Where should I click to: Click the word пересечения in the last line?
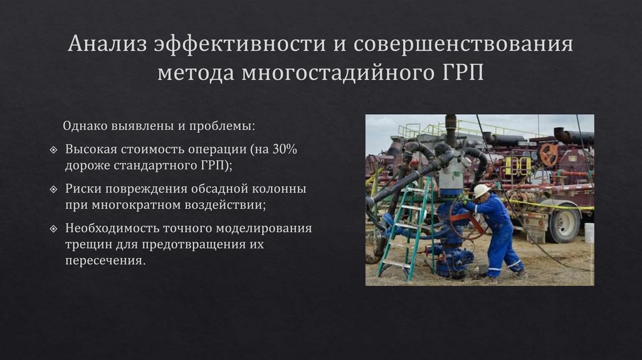coord(105,260)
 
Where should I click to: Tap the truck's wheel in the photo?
coord(565,224)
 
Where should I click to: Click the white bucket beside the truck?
coord(589,233)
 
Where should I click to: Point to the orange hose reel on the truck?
coord(549,155)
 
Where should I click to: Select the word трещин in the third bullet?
coord(86,243)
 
